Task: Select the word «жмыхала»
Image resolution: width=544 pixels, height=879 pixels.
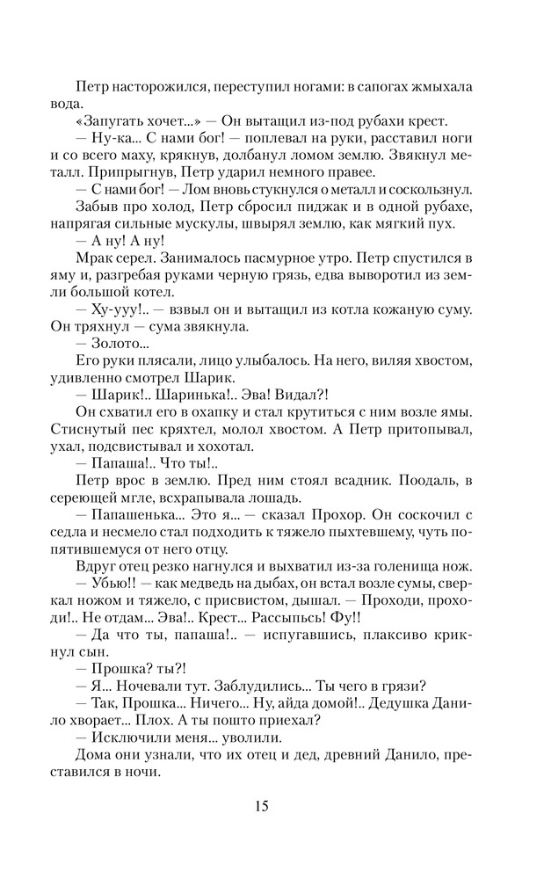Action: [x=439, y=89]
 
